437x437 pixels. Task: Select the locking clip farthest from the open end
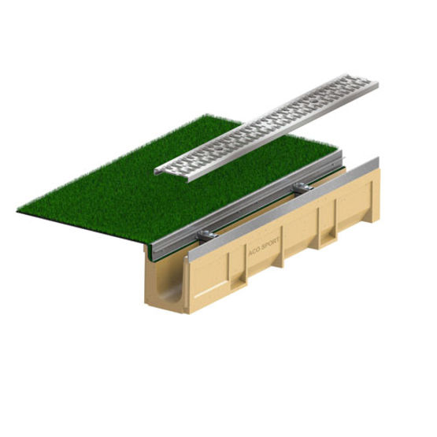point(303,187)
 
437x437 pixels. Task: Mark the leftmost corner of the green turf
point(17,212)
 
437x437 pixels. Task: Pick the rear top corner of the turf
point(207,115)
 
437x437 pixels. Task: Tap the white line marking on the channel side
point(211,290)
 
